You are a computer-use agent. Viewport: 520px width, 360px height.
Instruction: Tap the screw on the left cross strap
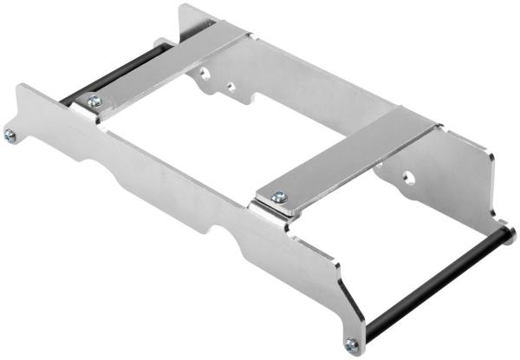click(94, 101)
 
